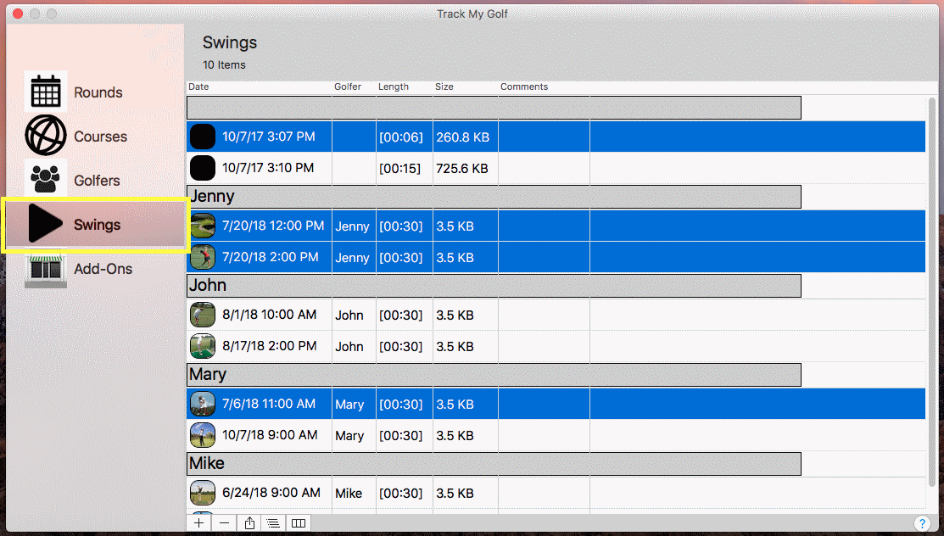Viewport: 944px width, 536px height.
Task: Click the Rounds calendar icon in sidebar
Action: [x=46, y=92]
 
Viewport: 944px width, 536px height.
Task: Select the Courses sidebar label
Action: [x=101, y=137]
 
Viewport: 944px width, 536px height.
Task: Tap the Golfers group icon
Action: [x=46, y=180]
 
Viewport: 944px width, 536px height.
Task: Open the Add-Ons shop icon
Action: [x=46, y=270]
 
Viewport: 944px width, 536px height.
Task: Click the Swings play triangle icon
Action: [x=45, y=223]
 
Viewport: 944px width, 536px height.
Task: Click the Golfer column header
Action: [x=348, y=87]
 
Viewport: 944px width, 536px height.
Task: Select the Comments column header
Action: [x=524, y=87]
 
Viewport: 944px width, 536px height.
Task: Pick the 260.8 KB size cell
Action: [x=463, y=137]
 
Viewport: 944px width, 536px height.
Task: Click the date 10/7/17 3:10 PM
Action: [x=268, y=168]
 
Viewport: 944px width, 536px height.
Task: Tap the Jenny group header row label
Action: [x=212, y=196]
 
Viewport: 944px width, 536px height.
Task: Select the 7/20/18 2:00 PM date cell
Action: [x=271, y=257]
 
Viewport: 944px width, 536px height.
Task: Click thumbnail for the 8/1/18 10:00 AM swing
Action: [x=202, y=315]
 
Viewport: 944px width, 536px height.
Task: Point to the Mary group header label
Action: [x=208, y=375]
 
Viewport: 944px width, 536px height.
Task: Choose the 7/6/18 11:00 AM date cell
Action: [x=269, y=404]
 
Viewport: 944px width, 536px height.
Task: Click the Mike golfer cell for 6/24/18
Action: [x=349, y=494]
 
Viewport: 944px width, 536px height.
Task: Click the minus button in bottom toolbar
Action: [x=224, y=522]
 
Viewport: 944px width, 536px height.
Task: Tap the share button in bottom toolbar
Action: [x=249, y=522]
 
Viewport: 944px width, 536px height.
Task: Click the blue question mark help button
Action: [x=922, y=523]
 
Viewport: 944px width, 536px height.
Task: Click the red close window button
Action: [x=18, y=14]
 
